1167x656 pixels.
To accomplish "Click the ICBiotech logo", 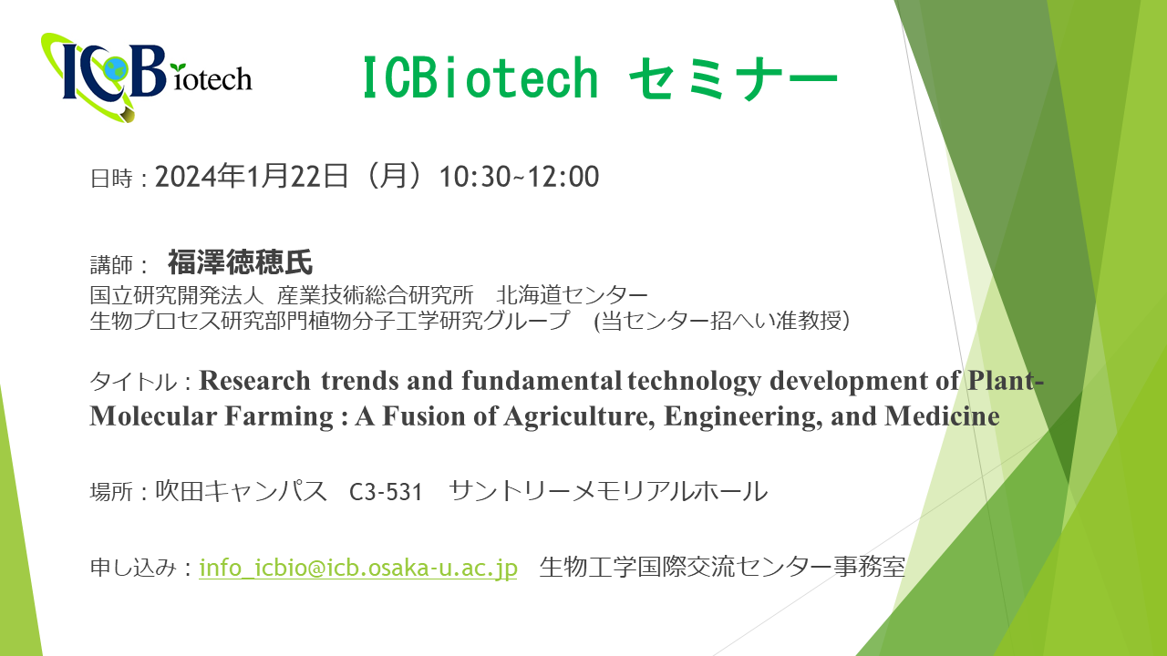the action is [147, 77].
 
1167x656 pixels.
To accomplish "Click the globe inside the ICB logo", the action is [115, 67].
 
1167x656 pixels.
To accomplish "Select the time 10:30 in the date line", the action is [475, 177].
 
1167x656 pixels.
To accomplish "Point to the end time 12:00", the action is [563, 177].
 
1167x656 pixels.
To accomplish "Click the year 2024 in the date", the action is [186, 177].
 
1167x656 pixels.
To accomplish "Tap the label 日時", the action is [111, 179].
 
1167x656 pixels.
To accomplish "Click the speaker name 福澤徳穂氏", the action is [240, 261].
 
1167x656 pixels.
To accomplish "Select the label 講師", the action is [111, 264].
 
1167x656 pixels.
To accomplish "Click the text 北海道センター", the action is [572, 295].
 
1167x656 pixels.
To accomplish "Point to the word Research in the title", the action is [254, 381].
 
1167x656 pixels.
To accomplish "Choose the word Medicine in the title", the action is [942, 416].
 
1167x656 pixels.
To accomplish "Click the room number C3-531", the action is [386, 492].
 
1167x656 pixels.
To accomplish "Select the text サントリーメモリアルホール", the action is [608, 491].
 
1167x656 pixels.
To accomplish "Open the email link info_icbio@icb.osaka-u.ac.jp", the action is [358, 568].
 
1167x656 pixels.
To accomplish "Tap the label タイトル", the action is [134, 382].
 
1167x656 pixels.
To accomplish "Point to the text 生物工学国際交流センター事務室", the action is [722, 567].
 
